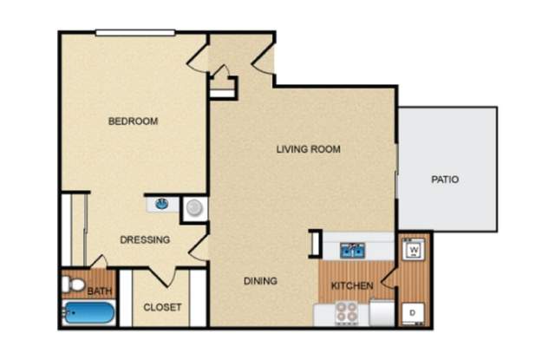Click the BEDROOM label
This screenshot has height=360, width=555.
133,121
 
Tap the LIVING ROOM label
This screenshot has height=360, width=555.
309,149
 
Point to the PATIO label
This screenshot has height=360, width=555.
445,180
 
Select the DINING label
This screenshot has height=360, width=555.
260,281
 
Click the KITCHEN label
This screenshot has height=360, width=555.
352,285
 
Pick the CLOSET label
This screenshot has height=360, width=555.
162,307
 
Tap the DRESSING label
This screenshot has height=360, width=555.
145,239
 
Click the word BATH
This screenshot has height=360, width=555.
100,291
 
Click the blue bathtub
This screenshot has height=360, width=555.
88,312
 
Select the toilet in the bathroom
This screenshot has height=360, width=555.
73,285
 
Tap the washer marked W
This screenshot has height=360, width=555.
414,250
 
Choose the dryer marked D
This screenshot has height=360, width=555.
413,313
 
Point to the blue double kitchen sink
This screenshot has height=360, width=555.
353,251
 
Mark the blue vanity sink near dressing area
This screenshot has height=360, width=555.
162,204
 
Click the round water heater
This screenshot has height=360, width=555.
194,208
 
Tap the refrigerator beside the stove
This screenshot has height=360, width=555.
382,312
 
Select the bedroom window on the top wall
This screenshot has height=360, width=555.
135,33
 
